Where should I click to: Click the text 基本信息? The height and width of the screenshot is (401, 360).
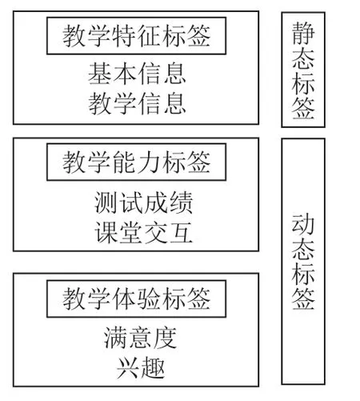tap(137, 74)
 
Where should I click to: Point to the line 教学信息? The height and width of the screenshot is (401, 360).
tap(137, 103)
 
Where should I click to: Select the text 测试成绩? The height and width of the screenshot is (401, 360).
tap(143, 203)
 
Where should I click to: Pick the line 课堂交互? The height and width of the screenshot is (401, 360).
tap(143, 233)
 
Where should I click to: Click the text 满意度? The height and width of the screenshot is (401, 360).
tap(140, 338)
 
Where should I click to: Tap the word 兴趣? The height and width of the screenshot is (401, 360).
tap(141, 368)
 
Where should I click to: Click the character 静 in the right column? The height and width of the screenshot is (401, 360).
tap(303, 33)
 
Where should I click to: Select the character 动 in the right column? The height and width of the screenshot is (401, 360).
tap(303, 224)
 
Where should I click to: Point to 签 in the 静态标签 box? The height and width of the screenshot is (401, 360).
tap(303, 107)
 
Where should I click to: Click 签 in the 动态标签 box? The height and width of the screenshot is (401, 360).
tap(303, 298)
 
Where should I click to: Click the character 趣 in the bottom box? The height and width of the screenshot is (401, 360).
tap(153, 368)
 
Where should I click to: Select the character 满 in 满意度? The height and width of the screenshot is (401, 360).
tap(115, 338)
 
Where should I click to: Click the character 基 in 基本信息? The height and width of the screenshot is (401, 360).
tap(100, 74)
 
